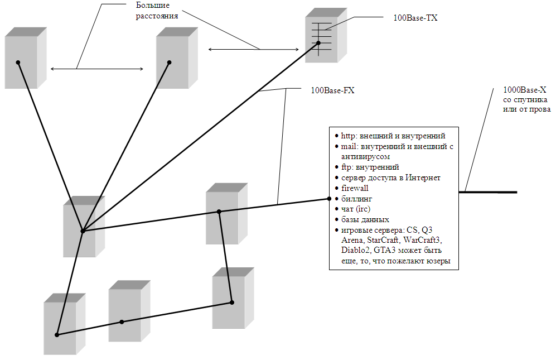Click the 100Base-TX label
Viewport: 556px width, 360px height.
point(415,18)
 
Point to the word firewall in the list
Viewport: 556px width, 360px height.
point(355,188)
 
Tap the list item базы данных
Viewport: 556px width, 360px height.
point(365,220)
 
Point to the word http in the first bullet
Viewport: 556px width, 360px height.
point(347,136)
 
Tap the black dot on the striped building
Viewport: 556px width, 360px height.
point(318,43)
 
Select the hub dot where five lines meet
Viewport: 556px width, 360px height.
point(83,231)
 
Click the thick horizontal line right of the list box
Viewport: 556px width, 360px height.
point(487,193)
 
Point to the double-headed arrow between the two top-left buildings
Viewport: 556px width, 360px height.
point(97,69)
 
